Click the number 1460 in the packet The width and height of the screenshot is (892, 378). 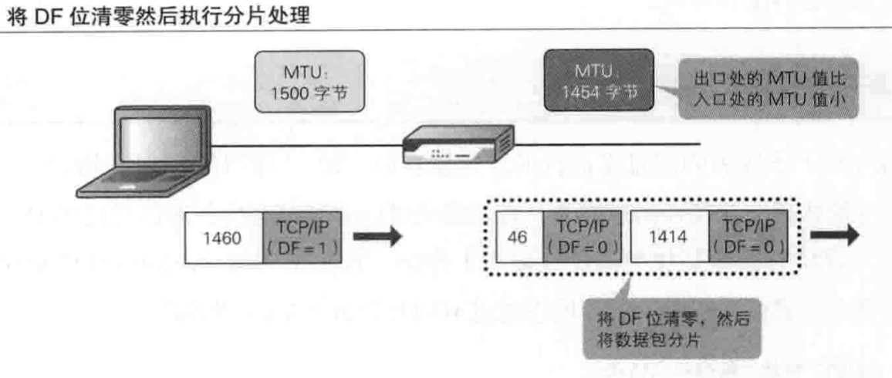coord(223,238)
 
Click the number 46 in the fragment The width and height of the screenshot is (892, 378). coord(519,238)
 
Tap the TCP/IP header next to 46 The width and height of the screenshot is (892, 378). coord(583,238)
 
